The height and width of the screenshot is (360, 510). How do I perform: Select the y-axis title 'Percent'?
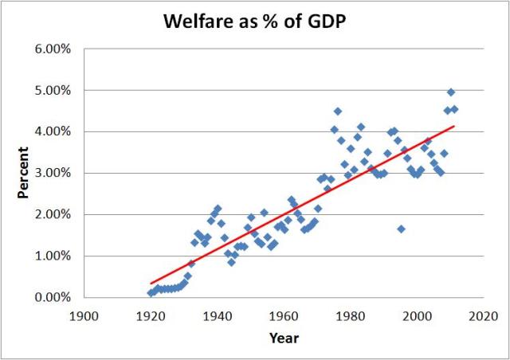click(23, 172)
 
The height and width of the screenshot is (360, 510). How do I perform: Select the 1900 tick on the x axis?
click(84, 315)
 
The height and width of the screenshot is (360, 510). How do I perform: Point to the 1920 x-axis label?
click(151, 315)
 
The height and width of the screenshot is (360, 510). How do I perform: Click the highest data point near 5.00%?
click(451, 92)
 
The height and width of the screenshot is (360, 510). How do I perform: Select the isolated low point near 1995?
click(401, 229)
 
